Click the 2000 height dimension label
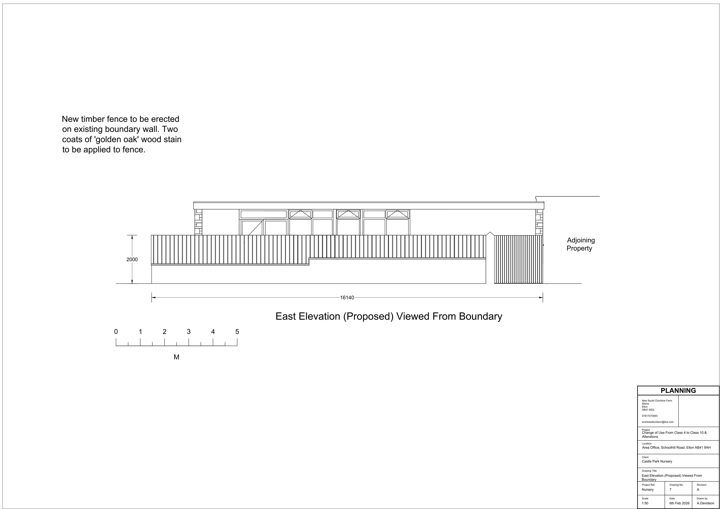(132, 260)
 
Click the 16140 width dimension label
(347, 297)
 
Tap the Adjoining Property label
(580, 244)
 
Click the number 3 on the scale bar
(189, 332)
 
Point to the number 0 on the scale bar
(116, 332)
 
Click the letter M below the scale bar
(176, 357)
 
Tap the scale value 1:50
(645, 503)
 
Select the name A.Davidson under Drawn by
(706, 503)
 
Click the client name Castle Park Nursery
(657, 461)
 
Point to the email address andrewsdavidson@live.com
(658, 422)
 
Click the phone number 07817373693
(650, 416)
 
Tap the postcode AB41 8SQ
(648, 410)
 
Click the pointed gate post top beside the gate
(490, 234)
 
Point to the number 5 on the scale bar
(237, 332)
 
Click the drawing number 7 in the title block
(670, 489)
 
